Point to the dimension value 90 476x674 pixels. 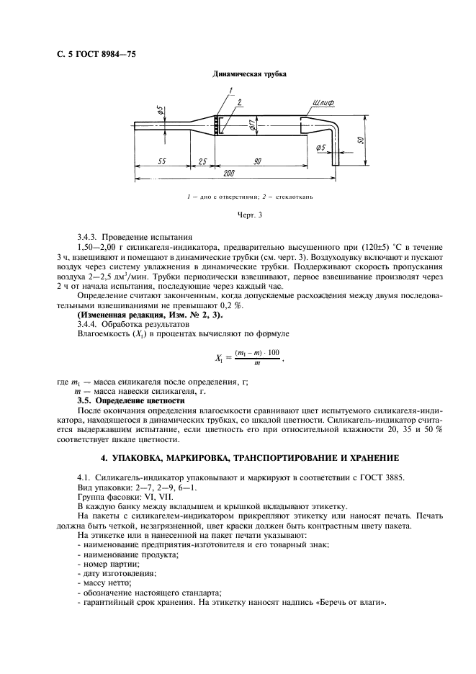257,162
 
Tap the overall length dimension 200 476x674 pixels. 229,174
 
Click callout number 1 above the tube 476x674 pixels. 232,89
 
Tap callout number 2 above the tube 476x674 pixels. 239,102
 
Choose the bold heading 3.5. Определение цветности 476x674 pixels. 130,400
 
